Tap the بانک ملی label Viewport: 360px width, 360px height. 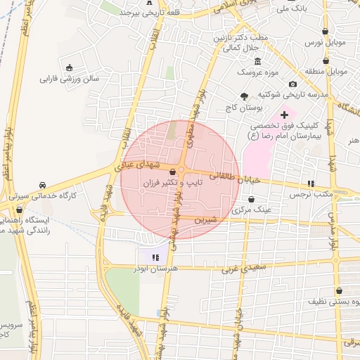coord(291,8)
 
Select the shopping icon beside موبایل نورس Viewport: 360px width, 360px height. coord(325,31)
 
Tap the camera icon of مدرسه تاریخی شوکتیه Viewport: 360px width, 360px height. coord(293,84)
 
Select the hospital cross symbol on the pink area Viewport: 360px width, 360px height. coord(284,114)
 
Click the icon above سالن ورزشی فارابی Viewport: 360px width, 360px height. coord(70,68)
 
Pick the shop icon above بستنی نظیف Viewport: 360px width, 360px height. coord(340,290)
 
